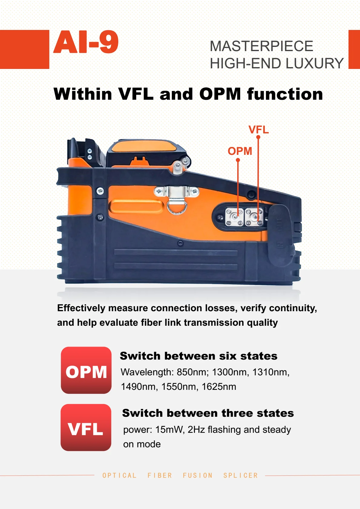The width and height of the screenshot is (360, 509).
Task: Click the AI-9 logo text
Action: (86, 42)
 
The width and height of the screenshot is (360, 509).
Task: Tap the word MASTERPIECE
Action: (261, 46)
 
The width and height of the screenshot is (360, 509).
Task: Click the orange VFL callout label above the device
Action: (258, 130)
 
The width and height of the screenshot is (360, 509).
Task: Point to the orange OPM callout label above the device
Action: (240, 151)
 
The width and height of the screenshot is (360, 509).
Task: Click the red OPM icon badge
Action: (86, 370)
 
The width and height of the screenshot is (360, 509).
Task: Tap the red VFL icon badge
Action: (86, 428)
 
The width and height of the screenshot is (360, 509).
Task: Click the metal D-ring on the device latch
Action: (177, 208)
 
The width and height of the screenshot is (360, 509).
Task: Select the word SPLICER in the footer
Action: (241, 475)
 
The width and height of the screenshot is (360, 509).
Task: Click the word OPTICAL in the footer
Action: (119, 475)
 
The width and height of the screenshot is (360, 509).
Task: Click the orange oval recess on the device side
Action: (136, 207)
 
